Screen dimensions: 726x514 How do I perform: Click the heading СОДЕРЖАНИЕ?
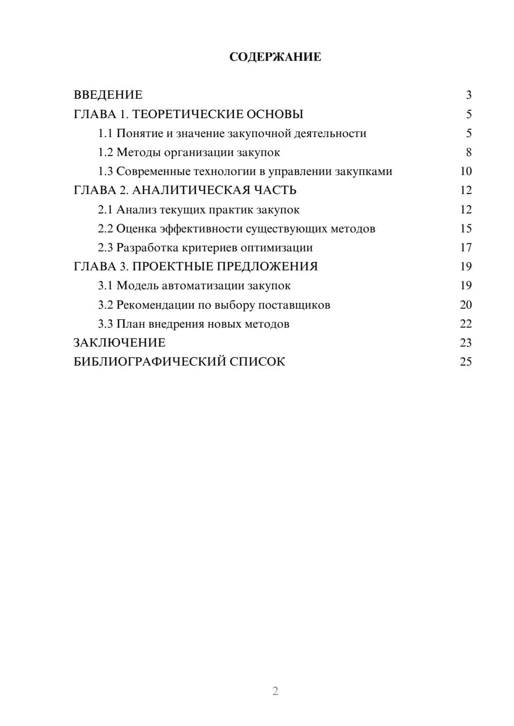click(275, 57)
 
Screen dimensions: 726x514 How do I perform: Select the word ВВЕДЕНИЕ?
click(108, 95)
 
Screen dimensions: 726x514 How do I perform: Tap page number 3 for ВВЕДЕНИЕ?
click(468, 95)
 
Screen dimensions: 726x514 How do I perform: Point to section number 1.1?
click(105, 133)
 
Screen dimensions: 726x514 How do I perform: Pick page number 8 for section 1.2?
click(468, 152)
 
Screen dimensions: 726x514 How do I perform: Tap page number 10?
click(466, 171)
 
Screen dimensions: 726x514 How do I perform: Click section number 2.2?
click(105, 229)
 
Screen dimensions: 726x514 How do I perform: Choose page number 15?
click(466, 229)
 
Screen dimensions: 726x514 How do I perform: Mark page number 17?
click(466, 248)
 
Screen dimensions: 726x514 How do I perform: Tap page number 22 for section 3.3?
click(466, 324)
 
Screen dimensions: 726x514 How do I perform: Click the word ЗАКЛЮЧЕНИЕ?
click(119, 343)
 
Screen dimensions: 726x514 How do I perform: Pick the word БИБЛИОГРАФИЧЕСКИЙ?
click(150, 362)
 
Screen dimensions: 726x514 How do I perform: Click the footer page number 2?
click(275, 691)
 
